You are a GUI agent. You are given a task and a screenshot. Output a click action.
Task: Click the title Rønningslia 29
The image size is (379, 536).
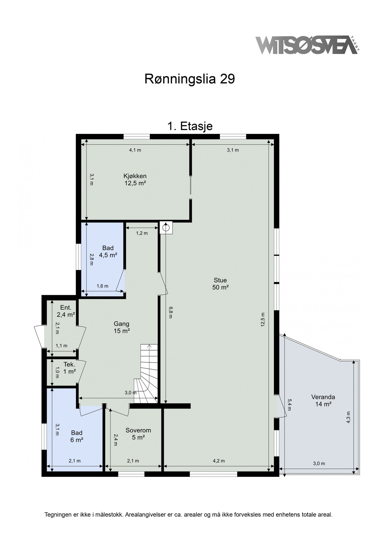pos(190,79)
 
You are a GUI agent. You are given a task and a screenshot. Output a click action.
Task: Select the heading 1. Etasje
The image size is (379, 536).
pos(190,126)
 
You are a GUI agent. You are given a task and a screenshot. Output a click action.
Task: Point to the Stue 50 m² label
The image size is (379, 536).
pos(220,283)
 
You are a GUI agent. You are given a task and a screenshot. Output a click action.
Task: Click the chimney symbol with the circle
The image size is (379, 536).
pos(166,228)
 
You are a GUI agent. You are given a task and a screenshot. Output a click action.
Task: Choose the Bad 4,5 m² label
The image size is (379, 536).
pos(108,251)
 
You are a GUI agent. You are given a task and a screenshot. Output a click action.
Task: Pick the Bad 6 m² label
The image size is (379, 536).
pos(77,436)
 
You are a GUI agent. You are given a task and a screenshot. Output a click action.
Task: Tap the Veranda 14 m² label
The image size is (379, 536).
pos(323,400)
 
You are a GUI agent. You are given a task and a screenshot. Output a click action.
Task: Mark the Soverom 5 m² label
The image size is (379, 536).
pos(138,434)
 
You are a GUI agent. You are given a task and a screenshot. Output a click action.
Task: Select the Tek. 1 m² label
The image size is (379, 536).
pos(69,368)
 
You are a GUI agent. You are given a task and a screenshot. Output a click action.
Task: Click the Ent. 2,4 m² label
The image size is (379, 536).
pos(65,311)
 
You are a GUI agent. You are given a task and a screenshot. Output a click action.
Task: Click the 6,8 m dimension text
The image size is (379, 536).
pos(170,312)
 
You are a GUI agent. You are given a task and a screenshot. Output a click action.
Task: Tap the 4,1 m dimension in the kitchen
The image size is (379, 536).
pos(135,150)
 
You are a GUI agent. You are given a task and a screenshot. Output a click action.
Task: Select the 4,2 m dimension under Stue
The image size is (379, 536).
pos(219,461)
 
